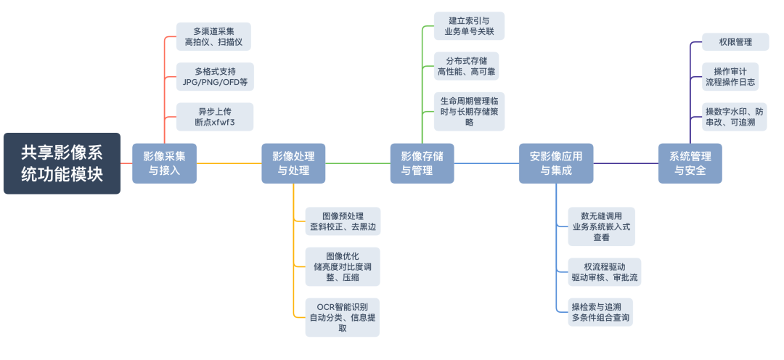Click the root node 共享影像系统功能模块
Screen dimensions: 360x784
click(x=62, y=163)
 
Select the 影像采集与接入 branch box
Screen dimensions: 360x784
click(x=164, y=163)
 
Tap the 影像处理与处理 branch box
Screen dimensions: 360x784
click(x=293, y=163)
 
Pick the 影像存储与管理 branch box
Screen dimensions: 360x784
click(x=422, y=163)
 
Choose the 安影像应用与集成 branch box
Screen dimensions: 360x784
click(x=556, y=163)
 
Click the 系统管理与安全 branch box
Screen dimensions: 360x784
click(x=690, y=163)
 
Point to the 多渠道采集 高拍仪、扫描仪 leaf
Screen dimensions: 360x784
click(x=215, y=37)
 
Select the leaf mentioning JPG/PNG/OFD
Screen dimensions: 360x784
click(x=215, y=77)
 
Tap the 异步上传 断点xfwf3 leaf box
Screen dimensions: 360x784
click(x=215, y=117)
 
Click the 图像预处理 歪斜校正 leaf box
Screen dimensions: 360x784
click(x=343, y=221)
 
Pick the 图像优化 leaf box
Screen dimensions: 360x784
click(x=343, y=267)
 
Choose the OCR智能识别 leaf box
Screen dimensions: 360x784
click(x=343, y=317)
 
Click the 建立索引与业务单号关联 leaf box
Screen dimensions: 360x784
click(x=469, y=26)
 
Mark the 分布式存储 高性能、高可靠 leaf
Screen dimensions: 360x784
click(x=469, y=65)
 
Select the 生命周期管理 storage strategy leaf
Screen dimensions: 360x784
click(x=469, y=111)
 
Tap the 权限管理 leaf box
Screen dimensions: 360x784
click(x=730, y=42)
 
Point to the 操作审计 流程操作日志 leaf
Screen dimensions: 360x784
click(x=730, y=77)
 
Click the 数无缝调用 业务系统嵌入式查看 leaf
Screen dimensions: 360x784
click(x=601, y=226)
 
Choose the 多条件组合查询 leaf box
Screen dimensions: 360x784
click(x=601, y=311)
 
